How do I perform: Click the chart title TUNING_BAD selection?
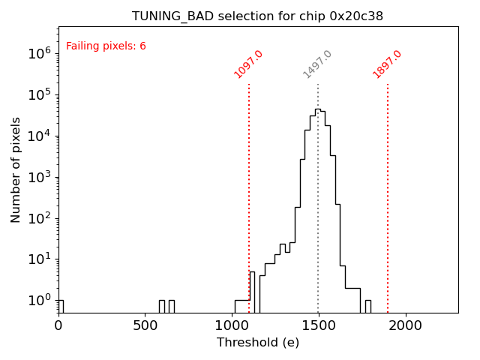tap(257, 16)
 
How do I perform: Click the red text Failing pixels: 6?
tap(106, 46)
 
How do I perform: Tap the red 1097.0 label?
tap(249, 64)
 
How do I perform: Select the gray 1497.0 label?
tap(318, 64)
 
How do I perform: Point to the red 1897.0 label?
tap(388, 64)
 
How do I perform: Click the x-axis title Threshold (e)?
tap(258, 343)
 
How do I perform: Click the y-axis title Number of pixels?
tap(16, 169)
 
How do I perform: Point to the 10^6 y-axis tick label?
tap(40, 53)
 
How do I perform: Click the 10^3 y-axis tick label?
tap(40, 177)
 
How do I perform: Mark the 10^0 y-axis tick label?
tap(40, 301)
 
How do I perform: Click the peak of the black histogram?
tap(318, 109)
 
